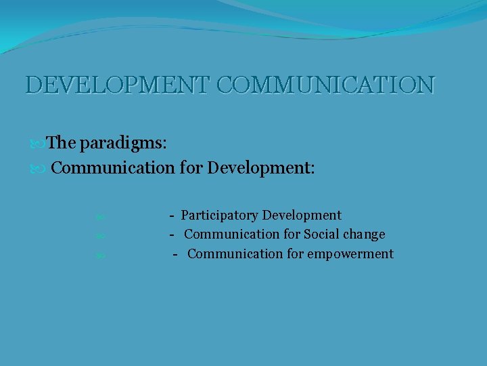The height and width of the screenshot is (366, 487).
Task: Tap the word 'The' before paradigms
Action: [62, 143]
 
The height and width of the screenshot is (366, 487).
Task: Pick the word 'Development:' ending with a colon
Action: [261, 167]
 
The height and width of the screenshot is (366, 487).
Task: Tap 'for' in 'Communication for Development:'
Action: [191, 167]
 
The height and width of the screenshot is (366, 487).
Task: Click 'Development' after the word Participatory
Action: [302, 216]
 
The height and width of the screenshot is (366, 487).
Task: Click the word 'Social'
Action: [323, 235]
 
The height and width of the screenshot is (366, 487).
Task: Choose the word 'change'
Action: [365, 235]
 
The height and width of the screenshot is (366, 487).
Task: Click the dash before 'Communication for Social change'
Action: [172, 235]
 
